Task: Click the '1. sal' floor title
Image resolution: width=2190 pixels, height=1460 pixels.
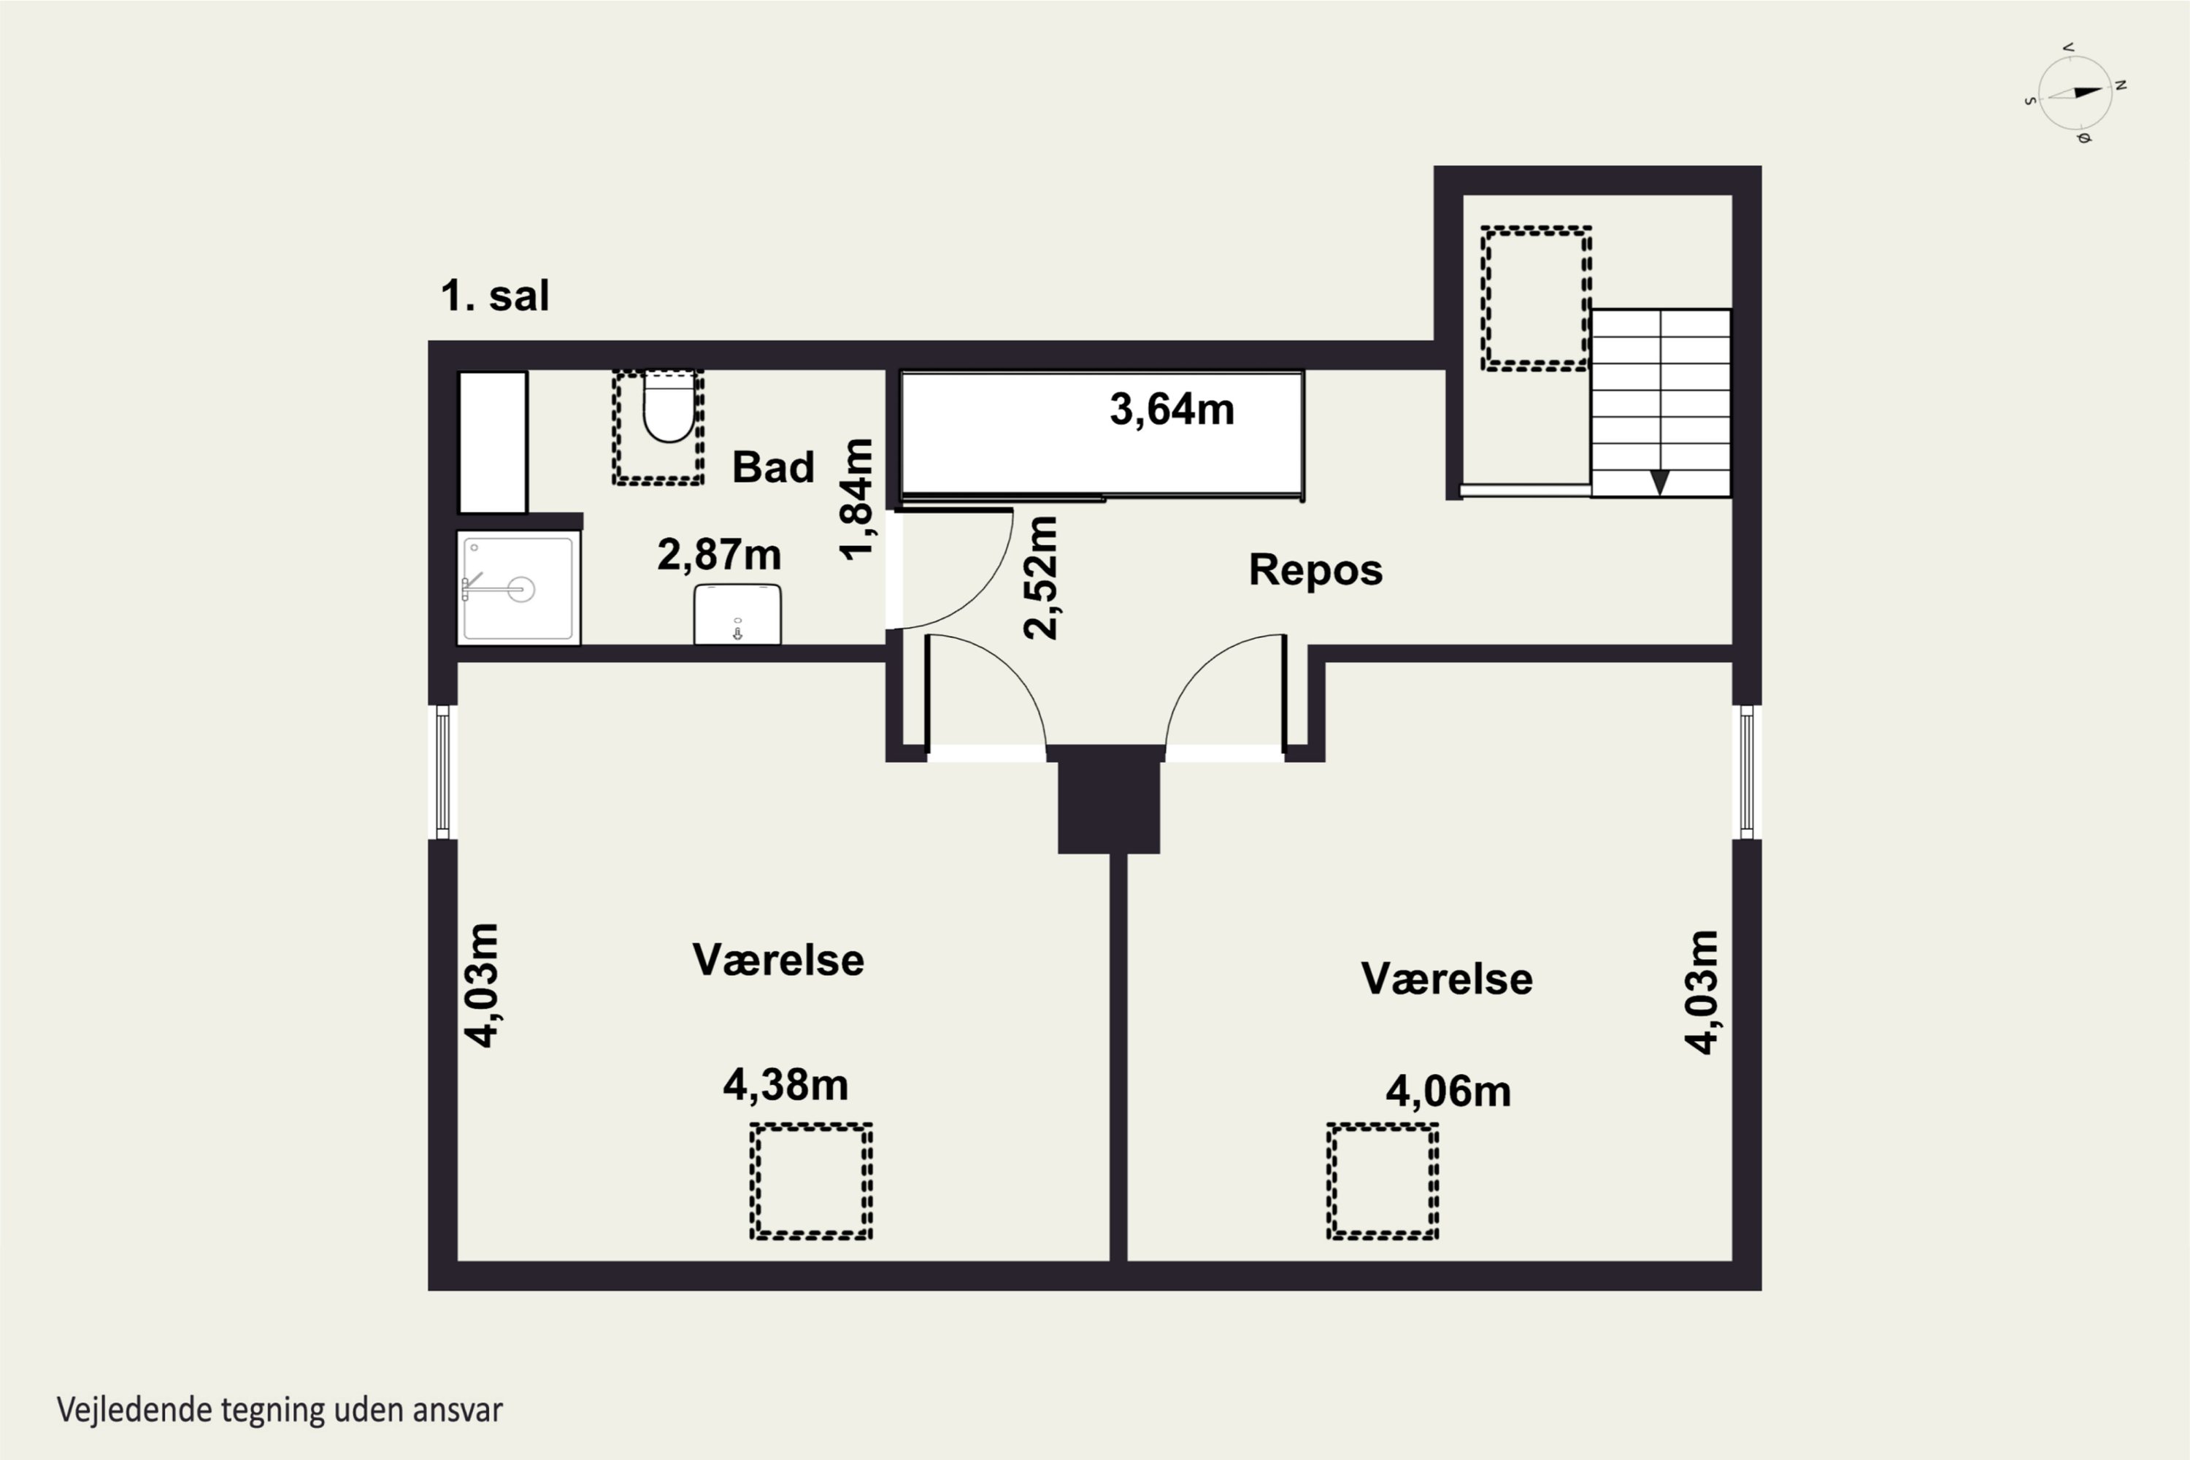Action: click(494, 296)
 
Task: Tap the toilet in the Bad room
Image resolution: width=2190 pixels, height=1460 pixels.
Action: click(669, 407)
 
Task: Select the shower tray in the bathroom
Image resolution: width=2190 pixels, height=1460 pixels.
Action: click(518, 588)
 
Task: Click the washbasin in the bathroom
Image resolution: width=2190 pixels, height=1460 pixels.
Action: click(737, 614)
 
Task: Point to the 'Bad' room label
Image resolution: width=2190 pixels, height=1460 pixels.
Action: click(773, 466)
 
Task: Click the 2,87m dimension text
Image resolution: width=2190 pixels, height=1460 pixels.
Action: click(719, 555)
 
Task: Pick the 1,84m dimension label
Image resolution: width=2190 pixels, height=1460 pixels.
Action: click(856, 499)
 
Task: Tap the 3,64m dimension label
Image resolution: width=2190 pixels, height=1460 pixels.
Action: click(1172, 410)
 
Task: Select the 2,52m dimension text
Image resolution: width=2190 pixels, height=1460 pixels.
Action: click(1040, 577)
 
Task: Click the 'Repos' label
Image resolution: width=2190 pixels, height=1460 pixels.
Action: click(1315, 570)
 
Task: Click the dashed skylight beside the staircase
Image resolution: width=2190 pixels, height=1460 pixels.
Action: click(1535, 298)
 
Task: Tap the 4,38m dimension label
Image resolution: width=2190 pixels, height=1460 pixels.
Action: click(786, 1086)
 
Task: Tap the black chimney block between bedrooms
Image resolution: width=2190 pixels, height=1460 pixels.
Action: click(1109, 799)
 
